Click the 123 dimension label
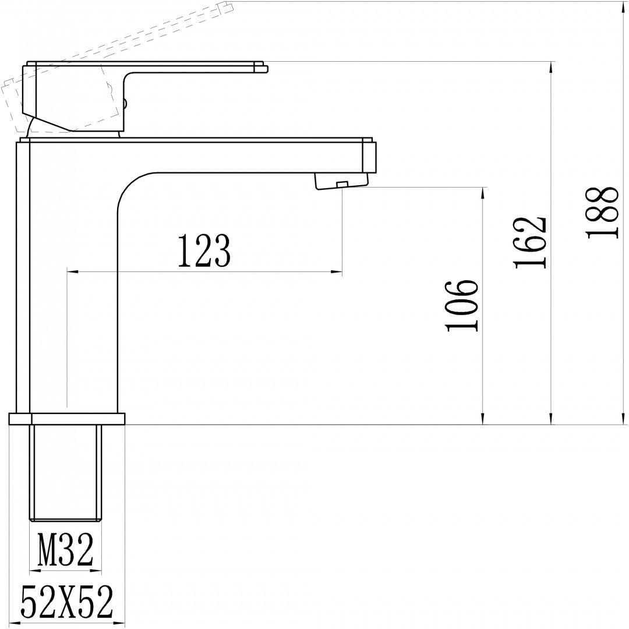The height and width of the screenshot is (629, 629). coord(204,251)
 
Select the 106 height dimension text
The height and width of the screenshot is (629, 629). coord(462,306)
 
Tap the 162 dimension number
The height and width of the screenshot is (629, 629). coord(530,243)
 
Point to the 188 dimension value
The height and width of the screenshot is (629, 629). coord(602,212)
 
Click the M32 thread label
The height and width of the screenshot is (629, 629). coord(65,549)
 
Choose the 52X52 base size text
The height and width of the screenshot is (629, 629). coord(66,602)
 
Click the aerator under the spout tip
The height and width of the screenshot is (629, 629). coord(342,181)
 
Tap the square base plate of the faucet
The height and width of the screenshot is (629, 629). coord(66,418)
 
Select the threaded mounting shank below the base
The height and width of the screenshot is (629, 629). coord(65,473)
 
